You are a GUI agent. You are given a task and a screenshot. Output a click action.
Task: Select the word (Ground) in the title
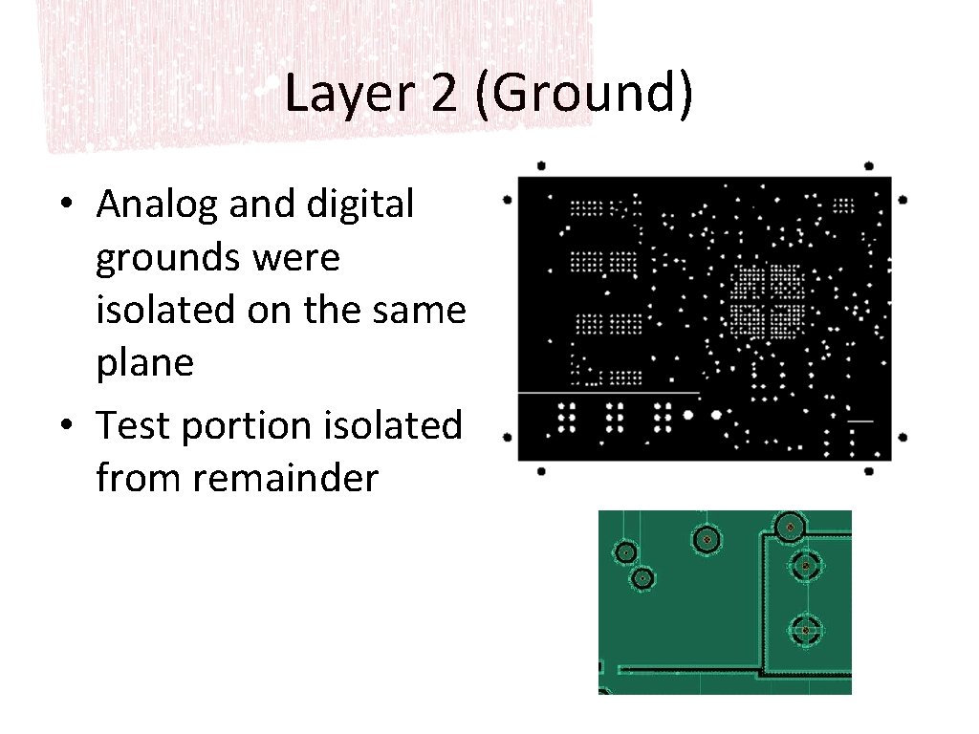pos(581,96)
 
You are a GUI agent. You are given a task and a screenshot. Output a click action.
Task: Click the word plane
pos(144,363)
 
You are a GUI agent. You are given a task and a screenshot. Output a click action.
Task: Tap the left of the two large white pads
pos(686,415)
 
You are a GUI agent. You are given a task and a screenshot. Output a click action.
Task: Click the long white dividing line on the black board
pos(608,393)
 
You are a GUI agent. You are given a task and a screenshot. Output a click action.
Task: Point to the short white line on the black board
pos(859,421)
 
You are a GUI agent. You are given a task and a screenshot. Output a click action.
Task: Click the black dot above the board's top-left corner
pos(541,164)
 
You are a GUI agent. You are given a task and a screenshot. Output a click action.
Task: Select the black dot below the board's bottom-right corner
pos(869,470)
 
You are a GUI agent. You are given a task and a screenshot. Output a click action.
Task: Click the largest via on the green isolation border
pos(790,526)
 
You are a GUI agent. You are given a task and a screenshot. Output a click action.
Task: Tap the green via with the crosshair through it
pos(806,630)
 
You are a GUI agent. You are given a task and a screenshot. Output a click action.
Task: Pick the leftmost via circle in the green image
pos(625,552)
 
